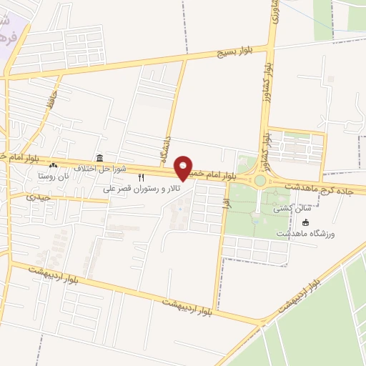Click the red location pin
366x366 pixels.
184,168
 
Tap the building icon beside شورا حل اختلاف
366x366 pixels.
99,158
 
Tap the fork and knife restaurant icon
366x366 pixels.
141,177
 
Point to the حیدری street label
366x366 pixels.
37,197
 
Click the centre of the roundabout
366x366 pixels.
260,181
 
